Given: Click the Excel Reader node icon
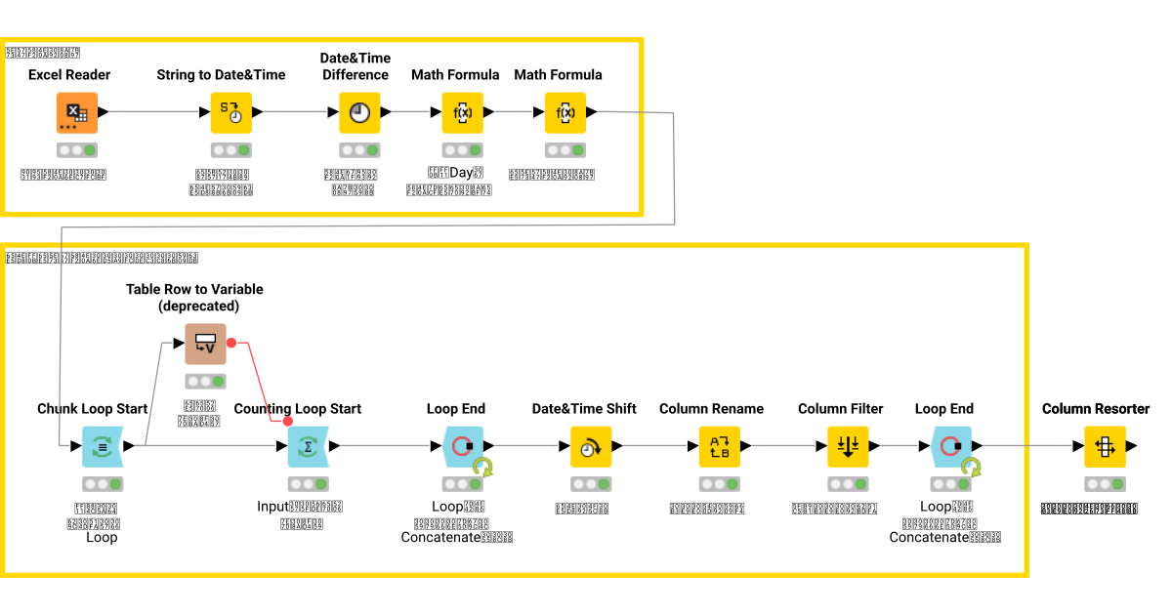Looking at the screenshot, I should coord(76,113).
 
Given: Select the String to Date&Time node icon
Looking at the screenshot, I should coord(231,113).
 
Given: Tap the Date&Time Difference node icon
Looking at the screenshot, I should coord(359,113).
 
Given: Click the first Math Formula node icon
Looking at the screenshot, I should coord(462,113).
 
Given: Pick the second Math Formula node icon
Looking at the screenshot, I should coord(565,113).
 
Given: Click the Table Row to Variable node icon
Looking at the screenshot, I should coord(205,344).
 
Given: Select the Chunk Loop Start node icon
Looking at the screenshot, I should coord(103,447).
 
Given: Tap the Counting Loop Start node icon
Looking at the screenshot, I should coord(308,447).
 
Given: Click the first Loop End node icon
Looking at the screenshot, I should coord(462,447).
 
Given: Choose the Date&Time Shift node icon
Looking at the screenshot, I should coord(591,447).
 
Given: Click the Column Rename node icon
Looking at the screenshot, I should coord(719,447).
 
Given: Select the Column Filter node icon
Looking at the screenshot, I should coord(847,447).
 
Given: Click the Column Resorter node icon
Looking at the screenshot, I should coord(1104,447).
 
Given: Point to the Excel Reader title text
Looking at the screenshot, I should coord(69,74).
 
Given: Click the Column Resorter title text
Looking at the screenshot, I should coord(1096,408).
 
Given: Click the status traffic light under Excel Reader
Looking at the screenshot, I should coord(76,150).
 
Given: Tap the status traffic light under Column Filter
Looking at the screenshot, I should coord(847,484).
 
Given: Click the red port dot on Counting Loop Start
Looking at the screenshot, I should coord(287,422).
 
